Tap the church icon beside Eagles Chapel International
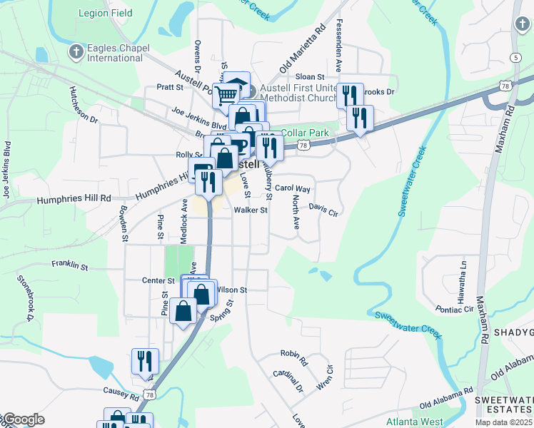(x=76, y=51)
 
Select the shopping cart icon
(x=226, y=95)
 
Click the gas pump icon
(x=202, y=173)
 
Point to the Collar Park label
(x=305, y=133)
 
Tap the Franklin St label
(x=69, y=265)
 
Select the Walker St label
(x=251, y=210)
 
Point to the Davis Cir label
(x=323, y=210)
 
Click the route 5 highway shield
(x=515, y=57)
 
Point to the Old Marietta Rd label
(x=303, y=48)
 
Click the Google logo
(x=23, y=419)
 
